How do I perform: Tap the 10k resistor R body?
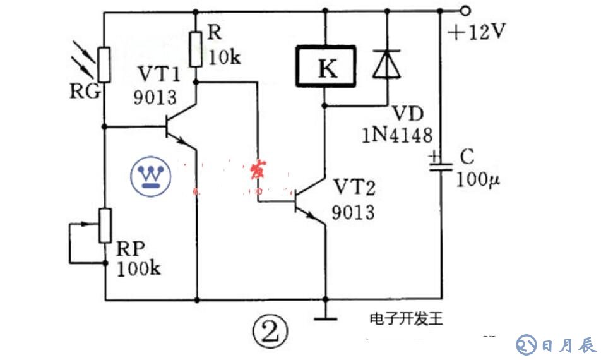[x=196, y=49]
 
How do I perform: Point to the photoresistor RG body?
[x=105, y=64]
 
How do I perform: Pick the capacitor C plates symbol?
[x=441, y=163]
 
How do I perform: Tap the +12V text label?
[x=477, y=32]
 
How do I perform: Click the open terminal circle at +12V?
[x=465, y=11]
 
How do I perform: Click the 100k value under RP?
[x=138, y=268]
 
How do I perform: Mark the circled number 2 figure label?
[x=270, y=328]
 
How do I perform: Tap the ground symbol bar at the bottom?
[x=326, y=319]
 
